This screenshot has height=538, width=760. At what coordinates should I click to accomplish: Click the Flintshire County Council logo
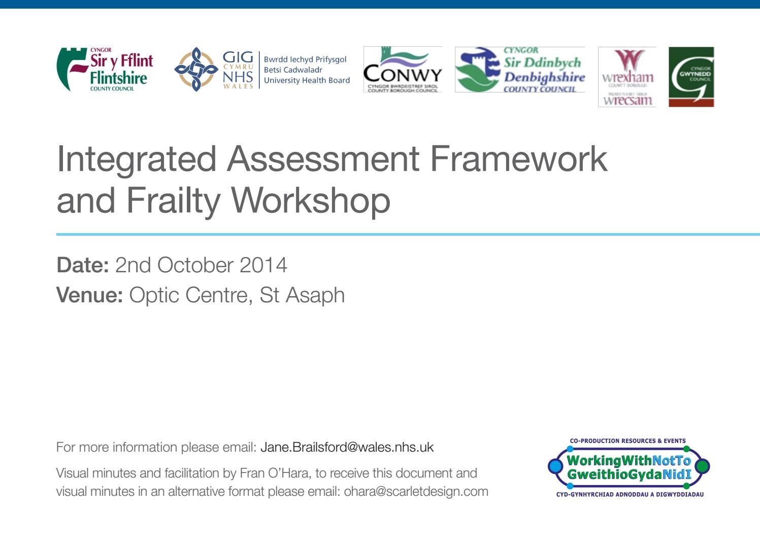tap(105, 70)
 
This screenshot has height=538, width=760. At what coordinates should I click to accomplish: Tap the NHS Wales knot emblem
tap(196, 70)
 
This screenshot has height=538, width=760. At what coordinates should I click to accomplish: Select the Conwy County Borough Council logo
tap(403, 70)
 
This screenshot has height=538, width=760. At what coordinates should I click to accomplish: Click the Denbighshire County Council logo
tap(520, 70)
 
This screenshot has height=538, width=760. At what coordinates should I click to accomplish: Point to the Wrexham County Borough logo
tap(627, 77)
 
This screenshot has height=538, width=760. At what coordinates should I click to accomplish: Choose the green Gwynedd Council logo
tap(691, 77)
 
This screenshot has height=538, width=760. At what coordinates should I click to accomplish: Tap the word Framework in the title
tap(518, 160)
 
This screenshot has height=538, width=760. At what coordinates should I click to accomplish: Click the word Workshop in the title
tap(311, 200)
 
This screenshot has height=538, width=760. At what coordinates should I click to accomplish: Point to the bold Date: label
tap(82, 265)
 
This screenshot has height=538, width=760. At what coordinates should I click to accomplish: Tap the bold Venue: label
tap(89, 295)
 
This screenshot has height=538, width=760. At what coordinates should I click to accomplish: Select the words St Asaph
tap(302, 295)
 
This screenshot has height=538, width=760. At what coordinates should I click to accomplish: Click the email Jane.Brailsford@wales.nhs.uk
tap(347, 447)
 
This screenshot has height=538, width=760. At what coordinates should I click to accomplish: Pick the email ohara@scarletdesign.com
tap(416, 492)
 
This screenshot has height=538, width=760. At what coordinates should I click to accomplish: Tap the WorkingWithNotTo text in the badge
tap(629, 461)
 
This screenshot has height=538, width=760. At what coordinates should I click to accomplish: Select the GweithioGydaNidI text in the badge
tap(629, 475)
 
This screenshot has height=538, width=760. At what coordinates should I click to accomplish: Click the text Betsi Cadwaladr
tap(293, 70)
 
